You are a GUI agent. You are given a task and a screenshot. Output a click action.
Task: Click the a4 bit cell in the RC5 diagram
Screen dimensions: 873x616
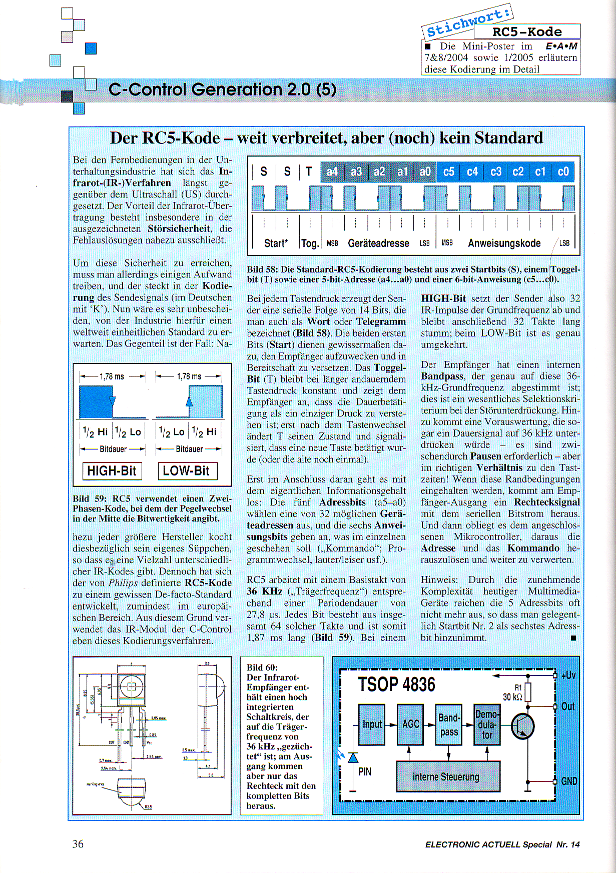coord(332,172)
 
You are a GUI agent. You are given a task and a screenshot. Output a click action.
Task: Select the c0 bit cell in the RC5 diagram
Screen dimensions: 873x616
coord(563,172)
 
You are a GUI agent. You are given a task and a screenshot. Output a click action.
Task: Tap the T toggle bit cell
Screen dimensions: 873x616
coord(309,172)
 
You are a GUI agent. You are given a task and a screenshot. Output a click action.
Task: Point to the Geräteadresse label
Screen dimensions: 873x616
coord(378,243)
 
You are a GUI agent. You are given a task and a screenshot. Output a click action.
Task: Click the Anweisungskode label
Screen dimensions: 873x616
coord(504,243)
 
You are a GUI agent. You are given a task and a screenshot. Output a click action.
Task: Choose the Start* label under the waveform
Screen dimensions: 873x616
coord(276,243)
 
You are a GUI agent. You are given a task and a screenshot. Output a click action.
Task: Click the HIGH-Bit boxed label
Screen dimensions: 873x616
coord(112,471)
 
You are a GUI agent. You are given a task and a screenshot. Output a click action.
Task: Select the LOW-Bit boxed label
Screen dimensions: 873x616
coord(187,471)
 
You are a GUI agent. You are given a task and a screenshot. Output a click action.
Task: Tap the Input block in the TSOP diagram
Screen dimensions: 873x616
coord(372,724)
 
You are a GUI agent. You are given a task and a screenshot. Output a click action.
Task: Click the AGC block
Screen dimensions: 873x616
coord(410,724)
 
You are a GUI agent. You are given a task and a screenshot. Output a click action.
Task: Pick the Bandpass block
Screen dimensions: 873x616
coord(449,724)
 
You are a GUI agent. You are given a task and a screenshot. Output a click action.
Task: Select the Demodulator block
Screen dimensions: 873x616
coord(487,724)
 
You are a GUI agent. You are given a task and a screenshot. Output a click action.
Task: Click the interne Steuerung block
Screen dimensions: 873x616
coord(448,776)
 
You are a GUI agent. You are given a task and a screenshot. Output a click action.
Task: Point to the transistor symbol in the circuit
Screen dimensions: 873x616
coord(523,726)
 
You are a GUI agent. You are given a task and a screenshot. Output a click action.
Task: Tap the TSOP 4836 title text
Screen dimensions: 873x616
coord(396,684)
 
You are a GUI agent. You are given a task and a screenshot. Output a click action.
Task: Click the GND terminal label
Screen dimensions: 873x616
coord(569,781)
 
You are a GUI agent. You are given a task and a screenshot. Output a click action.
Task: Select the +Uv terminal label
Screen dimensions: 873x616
coord(569,675)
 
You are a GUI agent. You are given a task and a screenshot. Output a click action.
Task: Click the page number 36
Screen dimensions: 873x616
coord(78,844)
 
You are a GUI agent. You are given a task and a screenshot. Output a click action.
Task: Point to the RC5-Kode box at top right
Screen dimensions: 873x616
coord(527,32)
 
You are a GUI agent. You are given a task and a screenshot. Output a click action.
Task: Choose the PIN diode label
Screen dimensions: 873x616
coord(365,771)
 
